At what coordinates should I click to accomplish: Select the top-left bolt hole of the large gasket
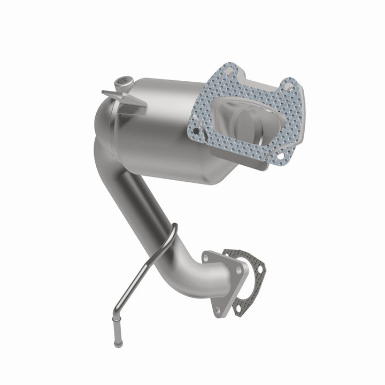pyautogui.click(x=229, y=68)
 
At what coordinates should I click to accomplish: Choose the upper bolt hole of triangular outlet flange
pyautogui.click(x=207, y=258)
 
